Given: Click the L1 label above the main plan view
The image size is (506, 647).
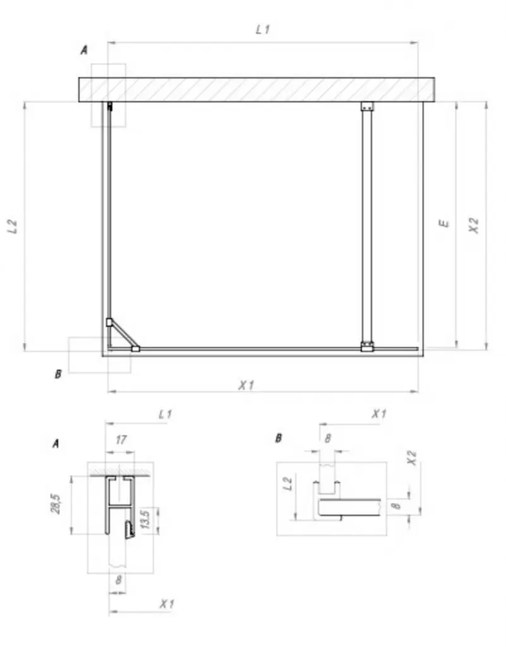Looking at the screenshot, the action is [263, 29].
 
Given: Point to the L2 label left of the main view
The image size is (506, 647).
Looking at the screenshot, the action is [13, 226].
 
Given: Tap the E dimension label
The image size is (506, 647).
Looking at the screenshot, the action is [443, 223].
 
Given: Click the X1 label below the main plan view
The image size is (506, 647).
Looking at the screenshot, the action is [246, 385].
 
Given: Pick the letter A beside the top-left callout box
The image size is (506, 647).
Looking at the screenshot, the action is [84, 51].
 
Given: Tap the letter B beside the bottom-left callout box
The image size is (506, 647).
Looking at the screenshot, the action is [58, 374].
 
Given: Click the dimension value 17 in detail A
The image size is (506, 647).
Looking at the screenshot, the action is [121, 440].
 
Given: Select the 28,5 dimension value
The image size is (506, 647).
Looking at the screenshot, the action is [56, 504].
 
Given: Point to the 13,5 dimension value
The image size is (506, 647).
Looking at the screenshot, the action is [145, 519].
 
